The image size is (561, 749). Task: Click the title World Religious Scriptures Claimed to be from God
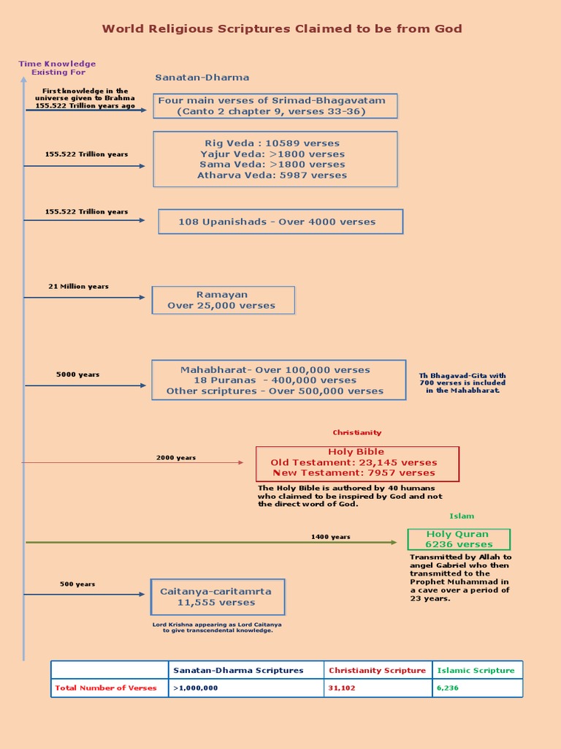[281, 29]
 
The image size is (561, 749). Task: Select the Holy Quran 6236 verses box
[459, 539]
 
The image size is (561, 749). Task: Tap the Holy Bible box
[357, 463]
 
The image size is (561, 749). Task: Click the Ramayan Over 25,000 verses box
[223, 300]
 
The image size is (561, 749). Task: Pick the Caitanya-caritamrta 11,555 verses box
[217, 597]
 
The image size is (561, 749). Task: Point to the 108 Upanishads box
[280, 222]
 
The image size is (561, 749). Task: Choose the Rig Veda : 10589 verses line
[272, 143]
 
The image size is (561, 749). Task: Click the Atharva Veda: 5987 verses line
[272, 176]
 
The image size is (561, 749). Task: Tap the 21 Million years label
[78, 287]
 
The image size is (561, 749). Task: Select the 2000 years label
[176, 458]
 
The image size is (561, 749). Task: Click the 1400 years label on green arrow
[330, 537]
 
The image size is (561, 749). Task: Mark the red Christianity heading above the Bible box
[357, 433]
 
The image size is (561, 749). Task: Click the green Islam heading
[462, 516]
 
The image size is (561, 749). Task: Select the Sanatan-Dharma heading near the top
[202, 78]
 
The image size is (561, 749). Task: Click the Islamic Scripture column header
[476, 670]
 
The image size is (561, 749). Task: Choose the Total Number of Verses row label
[106, 688]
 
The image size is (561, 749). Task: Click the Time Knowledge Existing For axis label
[57, 68]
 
